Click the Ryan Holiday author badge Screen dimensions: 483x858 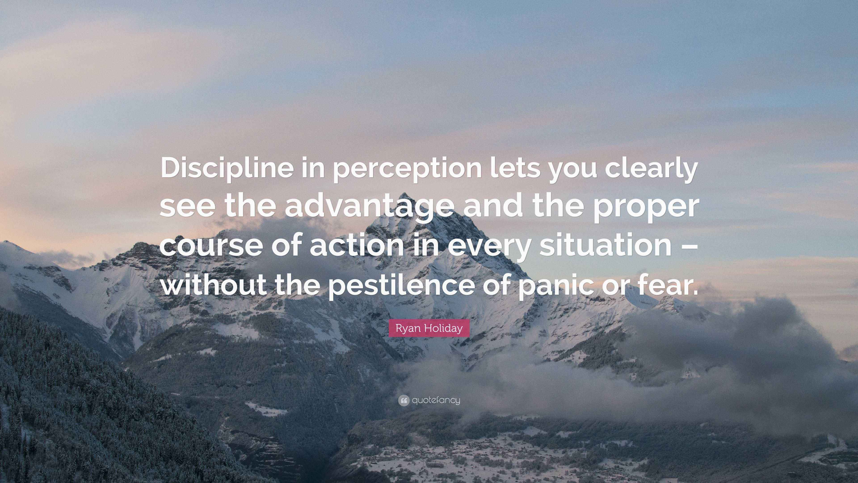pyautogui.click(x=429, y=328)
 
